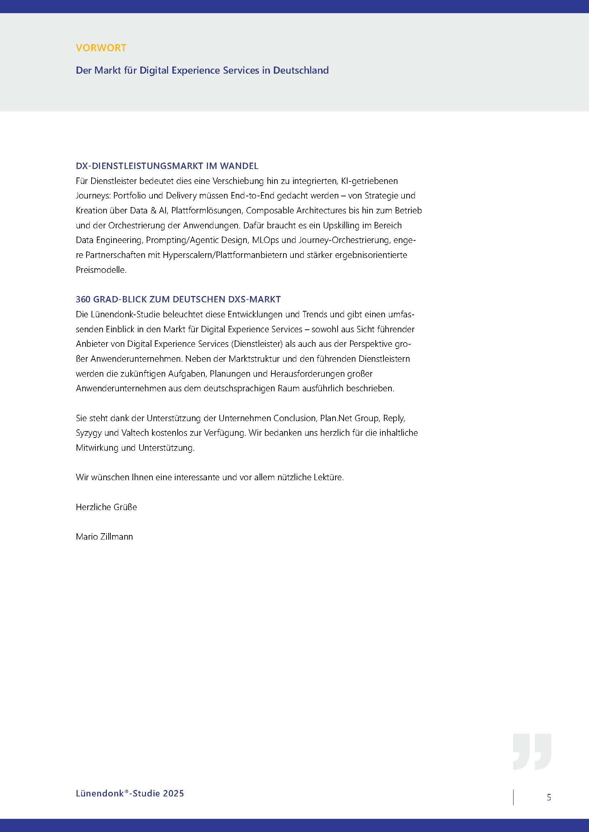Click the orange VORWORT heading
coord(101,48)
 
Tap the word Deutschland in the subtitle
coord(301,70)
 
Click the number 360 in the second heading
coord(83,299)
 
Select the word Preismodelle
coord(101,270)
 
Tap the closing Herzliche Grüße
coord(106,507)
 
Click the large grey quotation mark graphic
coord(532,752)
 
